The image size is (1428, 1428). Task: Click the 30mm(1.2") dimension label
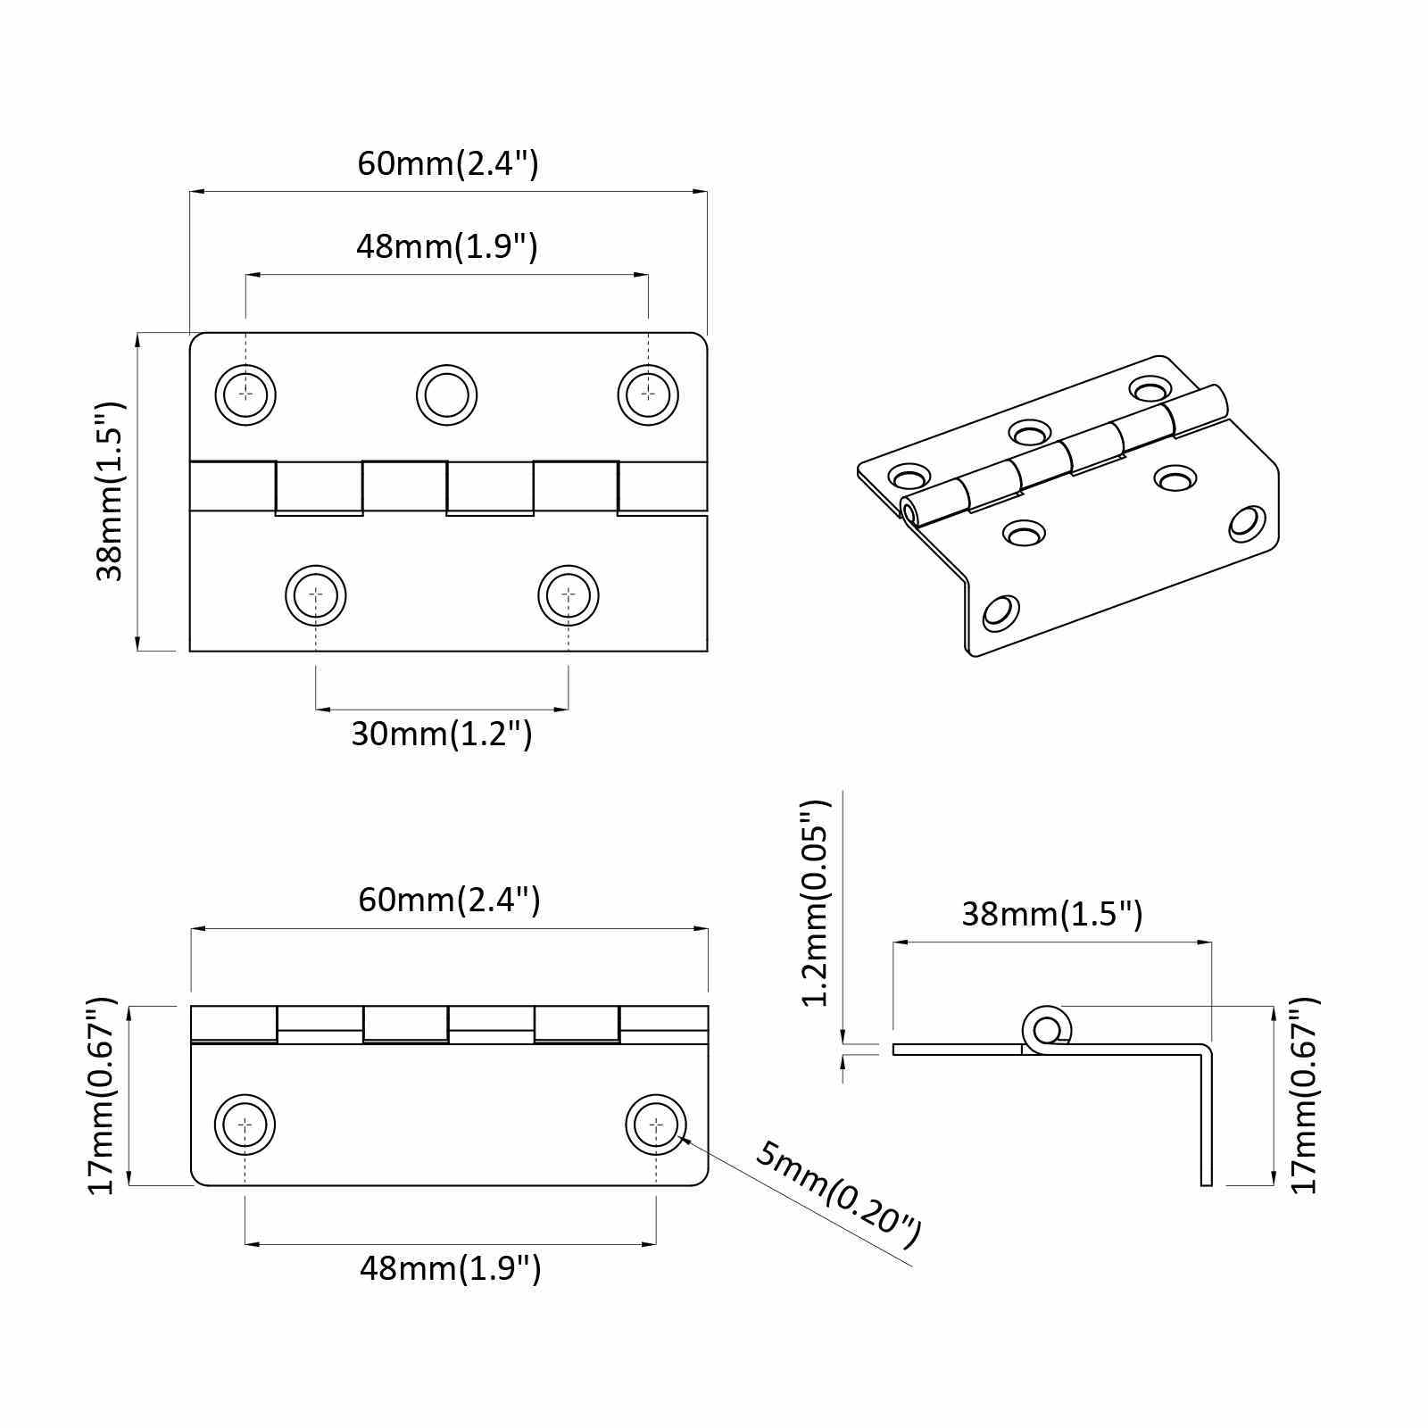coord(442,735)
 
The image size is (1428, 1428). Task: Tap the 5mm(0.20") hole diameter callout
coord(837,1195)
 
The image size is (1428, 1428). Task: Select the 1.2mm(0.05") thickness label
coord(816,903)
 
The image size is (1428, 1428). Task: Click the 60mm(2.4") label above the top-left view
coord(448,163)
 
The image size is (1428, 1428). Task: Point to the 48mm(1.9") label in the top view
coord(447,246)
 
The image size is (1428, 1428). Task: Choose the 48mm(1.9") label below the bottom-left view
coord(450,1268)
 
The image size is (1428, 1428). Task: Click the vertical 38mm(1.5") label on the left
coord(111,492)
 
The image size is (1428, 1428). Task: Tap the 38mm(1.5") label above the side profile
coord(1051,914)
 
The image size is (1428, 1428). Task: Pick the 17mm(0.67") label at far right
coord(1304,1095)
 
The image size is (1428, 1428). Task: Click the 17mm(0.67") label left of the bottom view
coord(101,1096)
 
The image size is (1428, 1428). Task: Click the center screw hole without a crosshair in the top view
coord(446,394)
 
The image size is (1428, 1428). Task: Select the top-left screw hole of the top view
coord(245,394)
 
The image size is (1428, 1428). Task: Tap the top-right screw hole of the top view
coord(648,394)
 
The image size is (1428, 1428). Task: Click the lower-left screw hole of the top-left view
coord(316,594)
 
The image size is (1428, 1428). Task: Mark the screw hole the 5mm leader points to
coord(656,1125)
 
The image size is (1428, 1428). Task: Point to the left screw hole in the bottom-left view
coord(245,1125)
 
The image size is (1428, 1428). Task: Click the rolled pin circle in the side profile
coord(1046,1028)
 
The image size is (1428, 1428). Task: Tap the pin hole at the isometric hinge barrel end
coord(909,513)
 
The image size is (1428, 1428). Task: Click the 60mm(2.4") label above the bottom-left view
coord(449,900)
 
